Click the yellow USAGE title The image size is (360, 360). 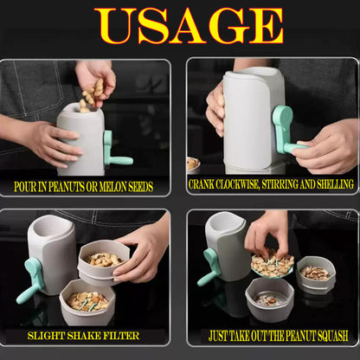(x=189, y=25)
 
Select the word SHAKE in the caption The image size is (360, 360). (x=84, y=336)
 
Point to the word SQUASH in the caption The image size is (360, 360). (x=333, y=336)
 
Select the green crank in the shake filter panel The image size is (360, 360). (x=31, y=279)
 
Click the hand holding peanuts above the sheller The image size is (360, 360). (x=94, y=80)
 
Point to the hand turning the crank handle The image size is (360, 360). (x=326, y=147)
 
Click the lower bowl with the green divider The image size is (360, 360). (x=87, y=301)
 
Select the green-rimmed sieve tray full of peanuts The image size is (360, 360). (x=272, y=265)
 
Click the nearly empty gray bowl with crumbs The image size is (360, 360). (x=270, y=300)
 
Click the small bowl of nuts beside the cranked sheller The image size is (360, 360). (x=193, y=165)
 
